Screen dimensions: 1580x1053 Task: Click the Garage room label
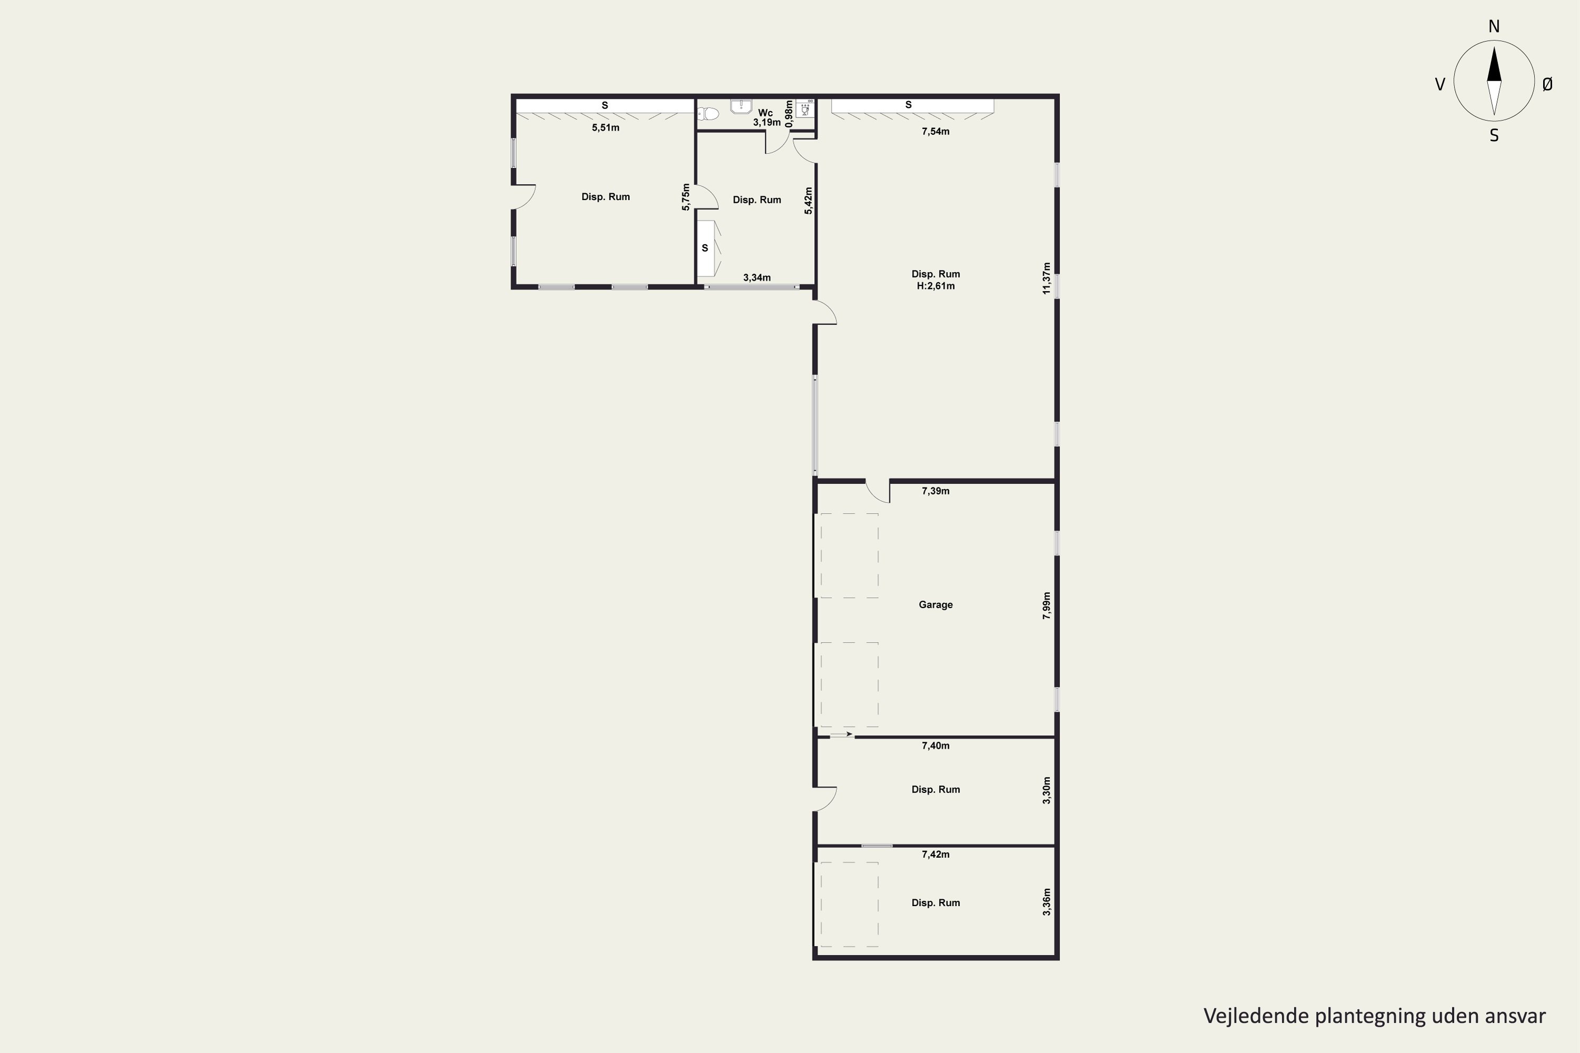pyautogui.click(x=935, y=604)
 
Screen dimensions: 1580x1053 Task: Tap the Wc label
pyautogui.click(x=765, y=113)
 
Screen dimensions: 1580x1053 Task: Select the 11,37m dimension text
pyautogui.click(x=1046, y=278)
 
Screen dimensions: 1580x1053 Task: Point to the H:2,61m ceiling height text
pyautogui.click(x=936, y=285)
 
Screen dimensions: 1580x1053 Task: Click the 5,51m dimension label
pyautogui.click(x=605, y=127)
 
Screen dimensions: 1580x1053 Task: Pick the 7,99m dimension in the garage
pyautogui.click(x=1046, y=605)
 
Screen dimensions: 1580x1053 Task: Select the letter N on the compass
pyautogui.click(x=1494, y=26)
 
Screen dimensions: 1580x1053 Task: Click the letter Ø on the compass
pyautogui.click(x=1547, y=84)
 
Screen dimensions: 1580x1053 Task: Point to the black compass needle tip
pyautogui.click(x=1494, y=47)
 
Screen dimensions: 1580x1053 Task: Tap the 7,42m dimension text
pyautogui.click(x=935, y=854)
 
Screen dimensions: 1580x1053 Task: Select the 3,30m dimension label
pyautogui.click(x=1046, y=790)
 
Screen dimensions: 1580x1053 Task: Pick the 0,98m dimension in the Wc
pyautogui.click(x=789, y=114)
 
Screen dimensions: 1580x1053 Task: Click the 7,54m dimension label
pyautogui.click(x=935, y=132)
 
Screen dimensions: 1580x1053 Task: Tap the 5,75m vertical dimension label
pyautogui.click(x=686, y=197)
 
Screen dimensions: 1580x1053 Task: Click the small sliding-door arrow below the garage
pyautogui.click(x=841, y=734)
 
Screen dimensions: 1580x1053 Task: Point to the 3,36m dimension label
pyautogui.click(x=1046, y=902)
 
